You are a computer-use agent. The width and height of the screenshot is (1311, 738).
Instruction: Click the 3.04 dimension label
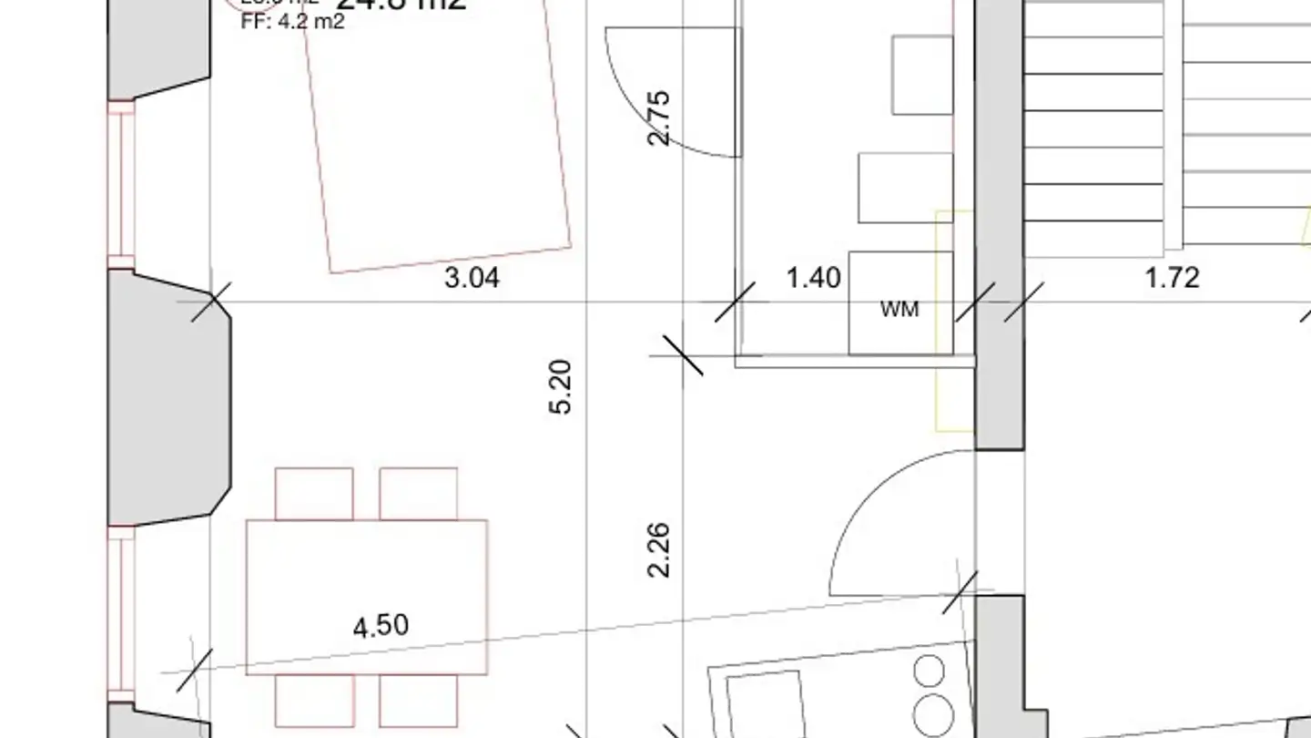(x=472, y=278)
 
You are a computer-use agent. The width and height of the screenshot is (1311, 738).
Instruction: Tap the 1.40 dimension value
(x=813, y=278)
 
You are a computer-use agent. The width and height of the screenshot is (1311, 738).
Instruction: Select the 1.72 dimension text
(x=1172, y=278)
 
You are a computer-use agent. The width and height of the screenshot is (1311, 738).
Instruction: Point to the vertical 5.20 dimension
(x=562, y=387)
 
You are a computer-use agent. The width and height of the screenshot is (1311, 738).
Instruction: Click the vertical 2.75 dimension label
(x=658, y=117)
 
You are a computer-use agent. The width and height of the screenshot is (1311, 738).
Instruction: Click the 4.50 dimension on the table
(x=381, y=626)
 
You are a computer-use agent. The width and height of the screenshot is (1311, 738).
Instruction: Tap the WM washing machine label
(x=899, y=310)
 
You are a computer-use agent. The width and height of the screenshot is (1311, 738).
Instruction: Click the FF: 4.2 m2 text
(x=292, y=22)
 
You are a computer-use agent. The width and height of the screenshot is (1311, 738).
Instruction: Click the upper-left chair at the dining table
(x=314, y=493)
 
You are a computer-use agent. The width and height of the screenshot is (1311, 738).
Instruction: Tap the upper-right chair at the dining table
(x=418, y=493)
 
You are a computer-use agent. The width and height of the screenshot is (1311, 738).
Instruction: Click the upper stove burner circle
(x=929, y=671)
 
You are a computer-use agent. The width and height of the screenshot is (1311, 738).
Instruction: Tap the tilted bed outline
(x=437, y=137)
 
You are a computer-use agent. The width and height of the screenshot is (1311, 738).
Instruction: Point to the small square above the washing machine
(x=905, y=189)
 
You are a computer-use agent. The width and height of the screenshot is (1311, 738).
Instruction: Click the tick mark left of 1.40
(x=735, y=302)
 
